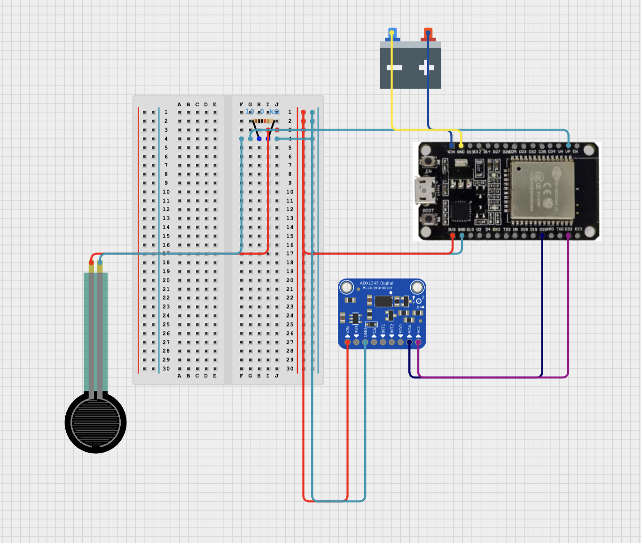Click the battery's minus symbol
[394, 68]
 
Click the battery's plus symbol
[426, 68]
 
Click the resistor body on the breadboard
[264, 121]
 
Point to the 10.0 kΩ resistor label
[262, 112]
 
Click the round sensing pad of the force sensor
[95, 423]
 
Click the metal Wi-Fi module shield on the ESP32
[542, 188]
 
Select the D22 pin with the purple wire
[568, 235]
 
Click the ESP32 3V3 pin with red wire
[453, 235]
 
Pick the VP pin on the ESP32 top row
[568, 146]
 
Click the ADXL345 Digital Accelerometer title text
[376, 286]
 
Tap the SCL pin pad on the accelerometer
[418, 342]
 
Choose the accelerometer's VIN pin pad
[347, 342]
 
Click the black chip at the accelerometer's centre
[383, 301]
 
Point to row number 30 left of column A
[166, 369]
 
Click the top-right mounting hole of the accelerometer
[417, 287]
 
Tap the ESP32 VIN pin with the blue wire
[452, 146]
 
